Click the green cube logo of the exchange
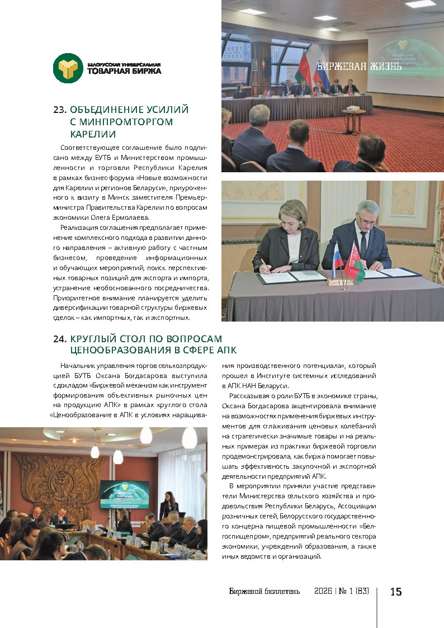[68, 68]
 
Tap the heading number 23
[60, 110]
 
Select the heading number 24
[60, 339]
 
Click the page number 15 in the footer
[396, 592]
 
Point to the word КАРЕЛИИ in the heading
[93, 134]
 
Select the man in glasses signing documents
[362, 235]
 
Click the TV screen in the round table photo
[124, 493]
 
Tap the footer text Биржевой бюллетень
[264, 592]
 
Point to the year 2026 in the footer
[323, 592]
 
